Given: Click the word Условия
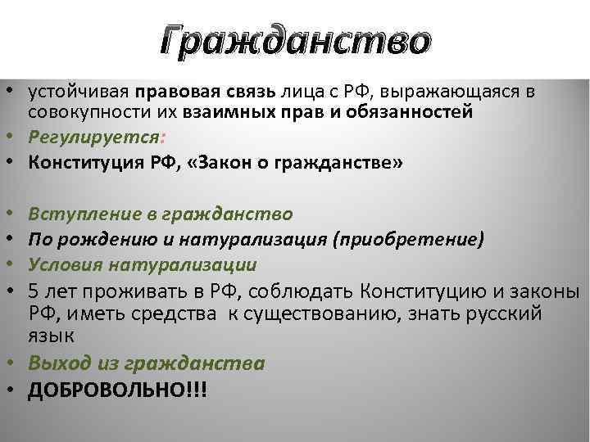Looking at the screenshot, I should pos(63,265).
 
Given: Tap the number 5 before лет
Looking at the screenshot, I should pos(34,291).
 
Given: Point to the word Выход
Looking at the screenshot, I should pos(59,363).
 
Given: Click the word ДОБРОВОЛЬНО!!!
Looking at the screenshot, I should pos(117,390).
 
